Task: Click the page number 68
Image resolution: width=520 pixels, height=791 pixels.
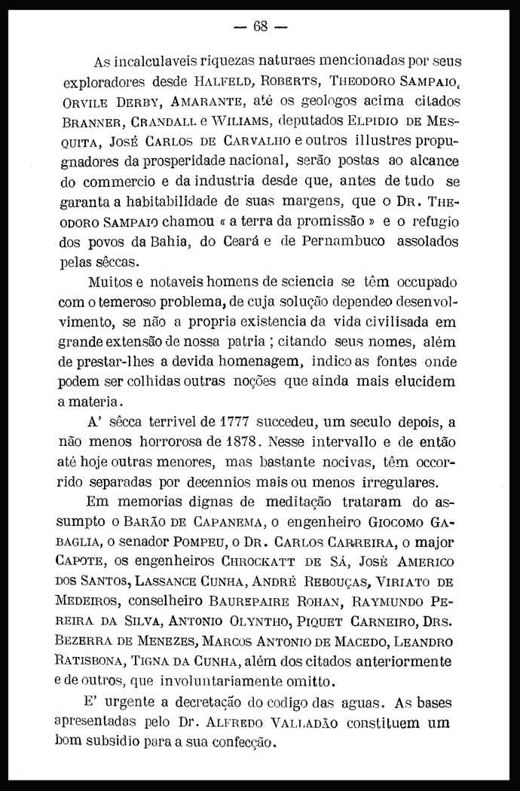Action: click(x=261, y=26)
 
